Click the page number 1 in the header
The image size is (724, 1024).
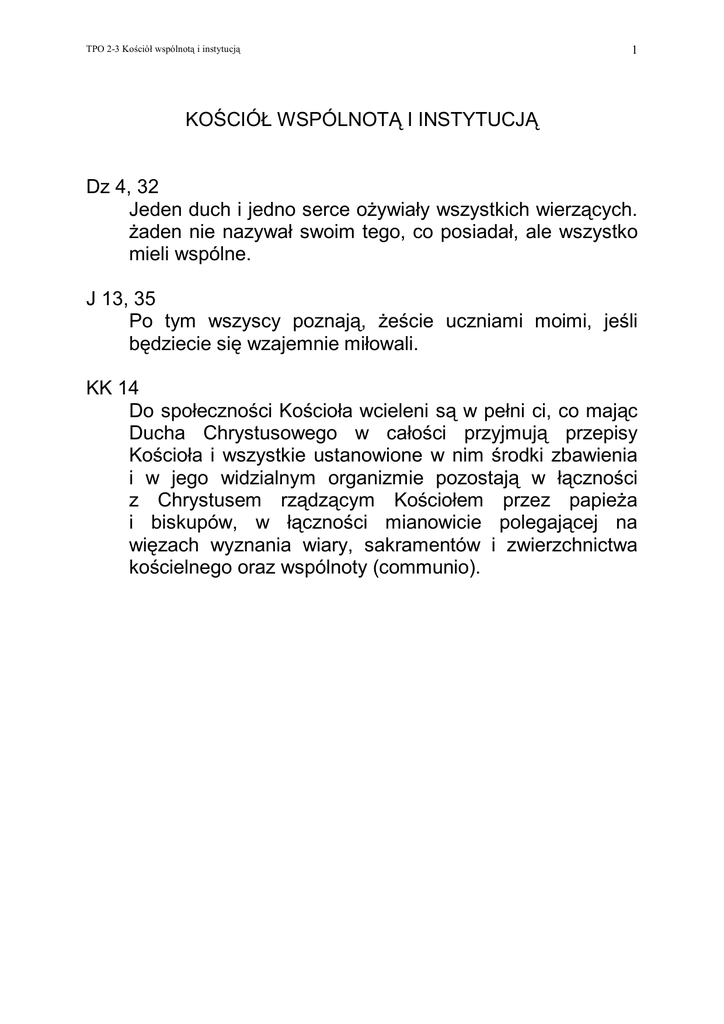(x=635, y=50)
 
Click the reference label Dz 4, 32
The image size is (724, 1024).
(x=122, y=187)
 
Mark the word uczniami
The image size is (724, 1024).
(x=493, y=321)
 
